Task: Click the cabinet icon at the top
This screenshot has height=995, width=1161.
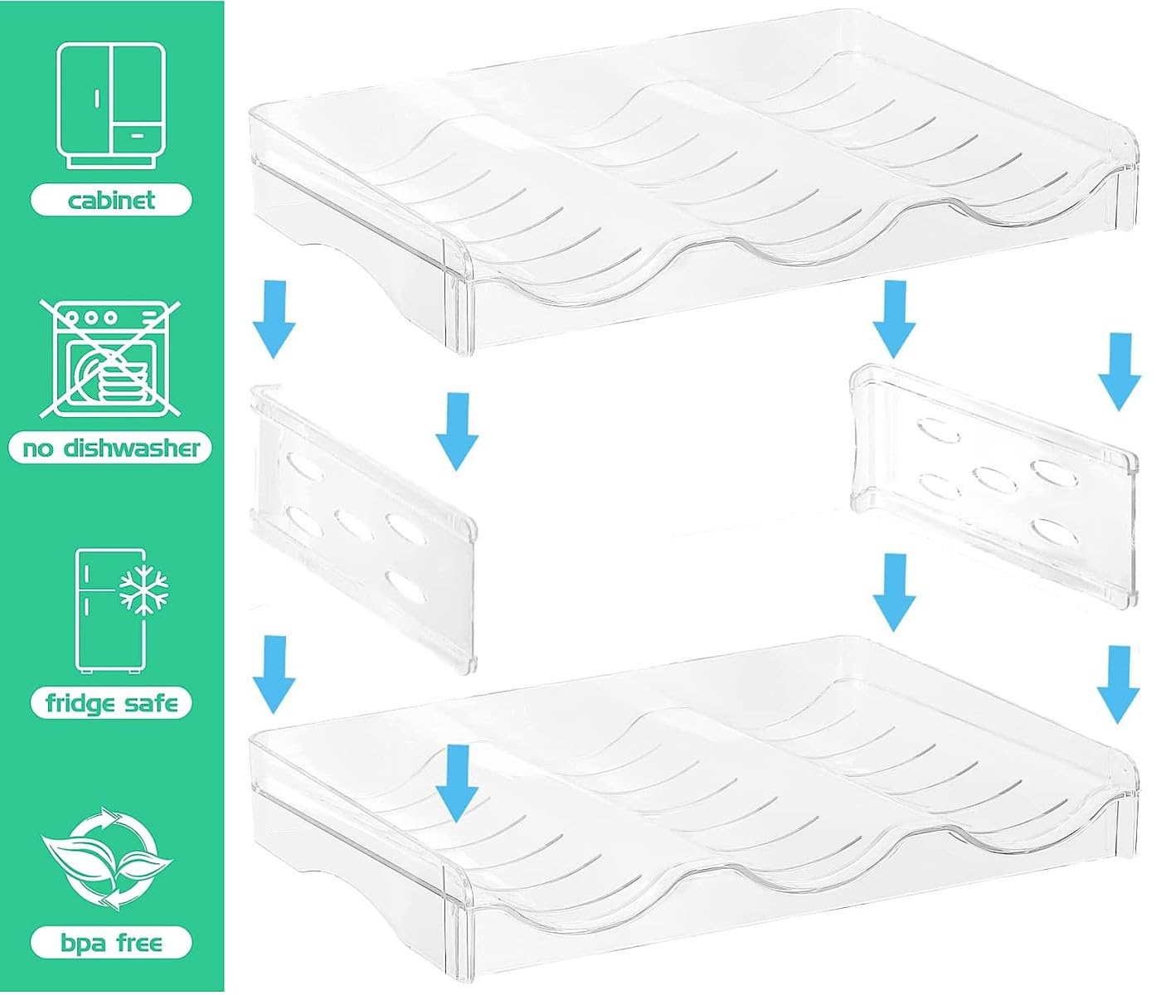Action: (x=111, y=105)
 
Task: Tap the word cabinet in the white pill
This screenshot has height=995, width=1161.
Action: (x=111, y=200)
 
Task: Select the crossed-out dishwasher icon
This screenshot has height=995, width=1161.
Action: (x=110, y=358)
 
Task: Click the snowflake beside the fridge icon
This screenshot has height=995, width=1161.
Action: (x=143, y=590)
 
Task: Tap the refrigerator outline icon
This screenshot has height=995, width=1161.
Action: (x=111, y=611)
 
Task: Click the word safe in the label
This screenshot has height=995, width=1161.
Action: (x=151, y=703)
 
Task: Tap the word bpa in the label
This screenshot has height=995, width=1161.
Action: (x=82, y=944)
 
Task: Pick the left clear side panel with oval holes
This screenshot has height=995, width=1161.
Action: (x=363, y=528)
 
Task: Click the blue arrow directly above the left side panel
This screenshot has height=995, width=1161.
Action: (x=274, y=319)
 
